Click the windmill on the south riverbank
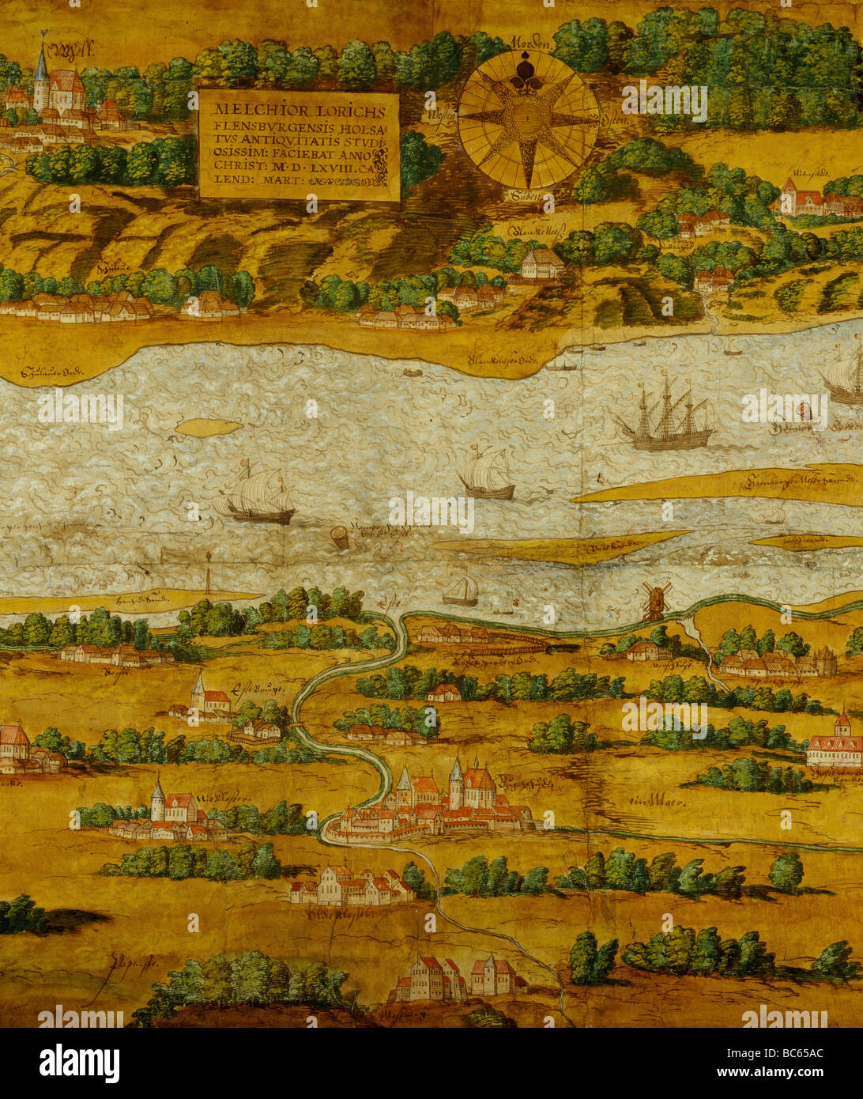655,601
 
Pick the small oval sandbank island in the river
209,428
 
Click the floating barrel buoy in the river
339,538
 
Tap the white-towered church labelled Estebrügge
199,696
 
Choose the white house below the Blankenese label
541,263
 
